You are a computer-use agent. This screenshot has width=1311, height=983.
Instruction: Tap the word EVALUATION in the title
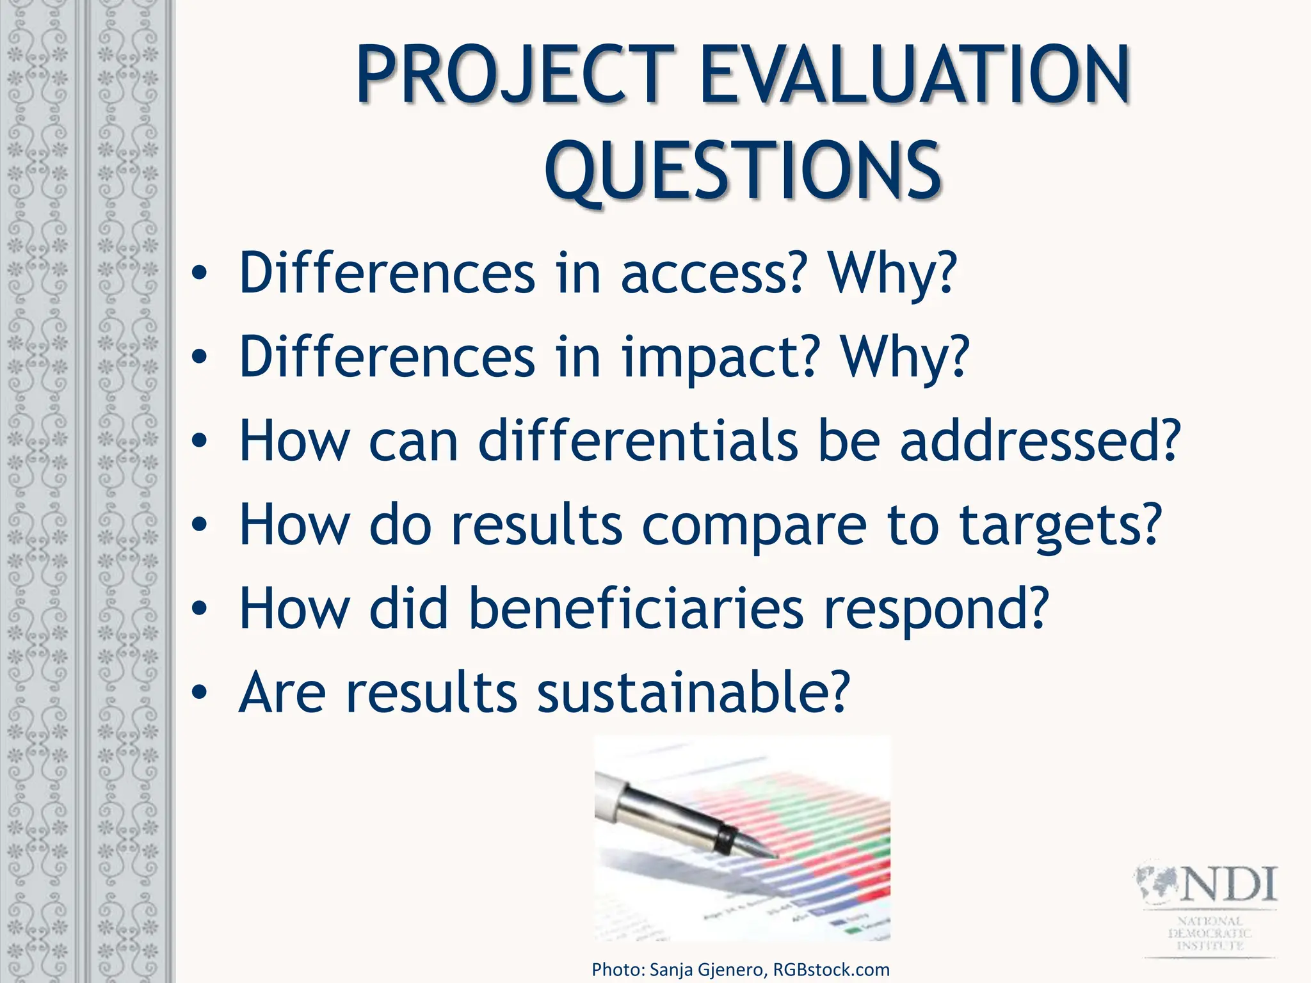[x=915, y=76]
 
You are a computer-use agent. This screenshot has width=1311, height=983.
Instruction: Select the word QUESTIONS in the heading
[x=743, y=172]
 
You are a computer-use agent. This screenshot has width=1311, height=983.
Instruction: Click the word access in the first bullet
[x=711, y=274]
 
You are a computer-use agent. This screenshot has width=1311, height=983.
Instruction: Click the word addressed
[x=1040, y=442]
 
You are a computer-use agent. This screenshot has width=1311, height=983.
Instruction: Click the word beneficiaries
[x=636, y=609]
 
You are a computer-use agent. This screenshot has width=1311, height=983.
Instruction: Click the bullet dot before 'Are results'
[x=200, y=693]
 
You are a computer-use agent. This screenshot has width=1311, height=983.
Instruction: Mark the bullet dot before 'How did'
[x=200, y=609]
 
